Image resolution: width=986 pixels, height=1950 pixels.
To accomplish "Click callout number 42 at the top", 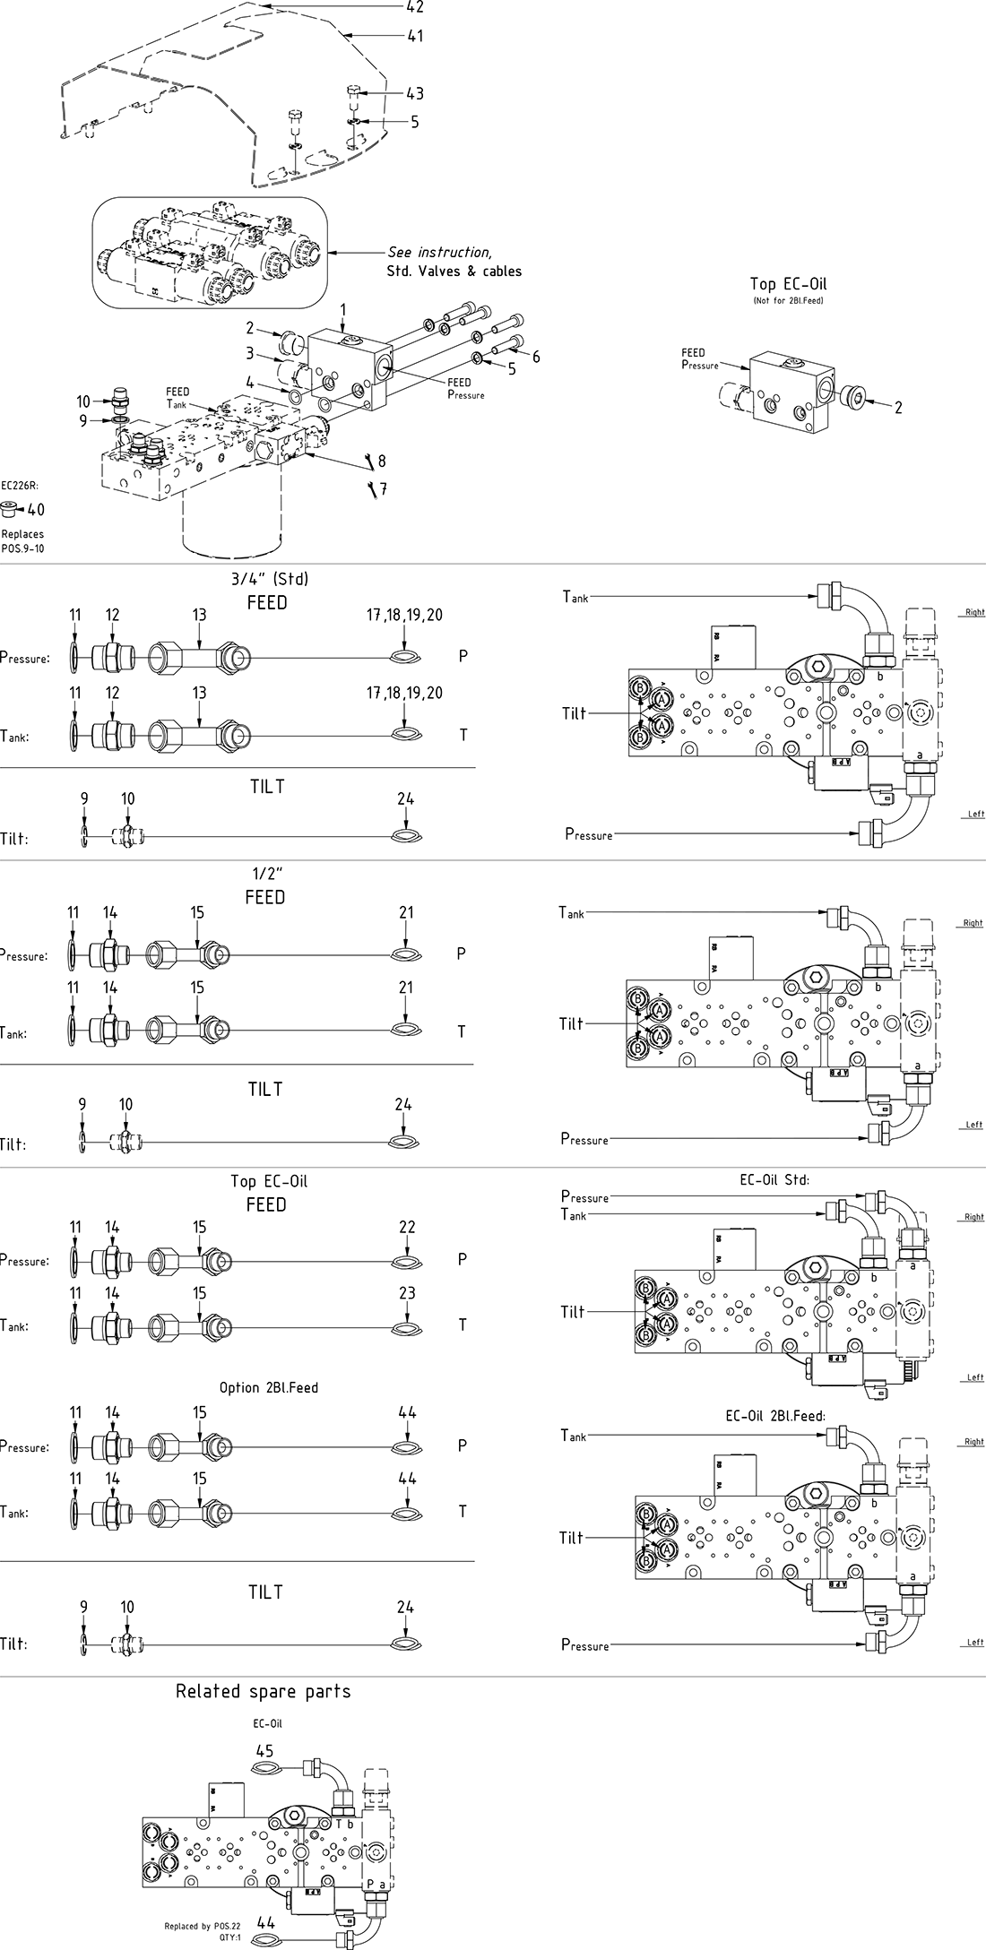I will (414, 7).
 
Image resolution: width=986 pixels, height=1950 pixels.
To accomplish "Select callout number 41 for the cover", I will (414, 37).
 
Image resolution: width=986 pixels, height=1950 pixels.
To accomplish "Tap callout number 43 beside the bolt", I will (414, 93).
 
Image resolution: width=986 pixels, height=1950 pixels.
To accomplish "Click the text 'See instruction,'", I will (439, 253).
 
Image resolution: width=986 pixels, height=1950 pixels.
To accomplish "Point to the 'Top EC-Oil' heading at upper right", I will (788, 284).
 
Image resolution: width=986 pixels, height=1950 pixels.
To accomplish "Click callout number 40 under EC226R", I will (36, 510).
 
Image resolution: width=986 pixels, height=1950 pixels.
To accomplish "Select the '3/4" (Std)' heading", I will (268, 579).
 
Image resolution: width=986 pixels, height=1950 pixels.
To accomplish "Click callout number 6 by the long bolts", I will (536, 357).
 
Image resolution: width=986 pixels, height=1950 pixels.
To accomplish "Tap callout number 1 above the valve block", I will (342, 309).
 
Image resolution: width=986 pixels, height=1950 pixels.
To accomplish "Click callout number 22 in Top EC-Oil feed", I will (407, 1227).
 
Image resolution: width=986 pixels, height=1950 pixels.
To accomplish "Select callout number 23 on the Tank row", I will (407, 1292).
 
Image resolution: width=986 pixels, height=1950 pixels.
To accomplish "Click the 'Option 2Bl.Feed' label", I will (269, 1387).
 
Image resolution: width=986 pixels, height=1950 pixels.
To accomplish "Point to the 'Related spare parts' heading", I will (263, 1691).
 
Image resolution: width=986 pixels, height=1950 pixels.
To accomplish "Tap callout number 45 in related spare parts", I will (264, 1750).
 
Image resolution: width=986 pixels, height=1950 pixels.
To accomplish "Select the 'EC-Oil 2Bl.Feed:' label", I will (774, 1416).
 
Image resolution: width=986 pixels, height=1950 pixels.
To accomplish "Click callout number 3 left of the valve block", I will (251, 353).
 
